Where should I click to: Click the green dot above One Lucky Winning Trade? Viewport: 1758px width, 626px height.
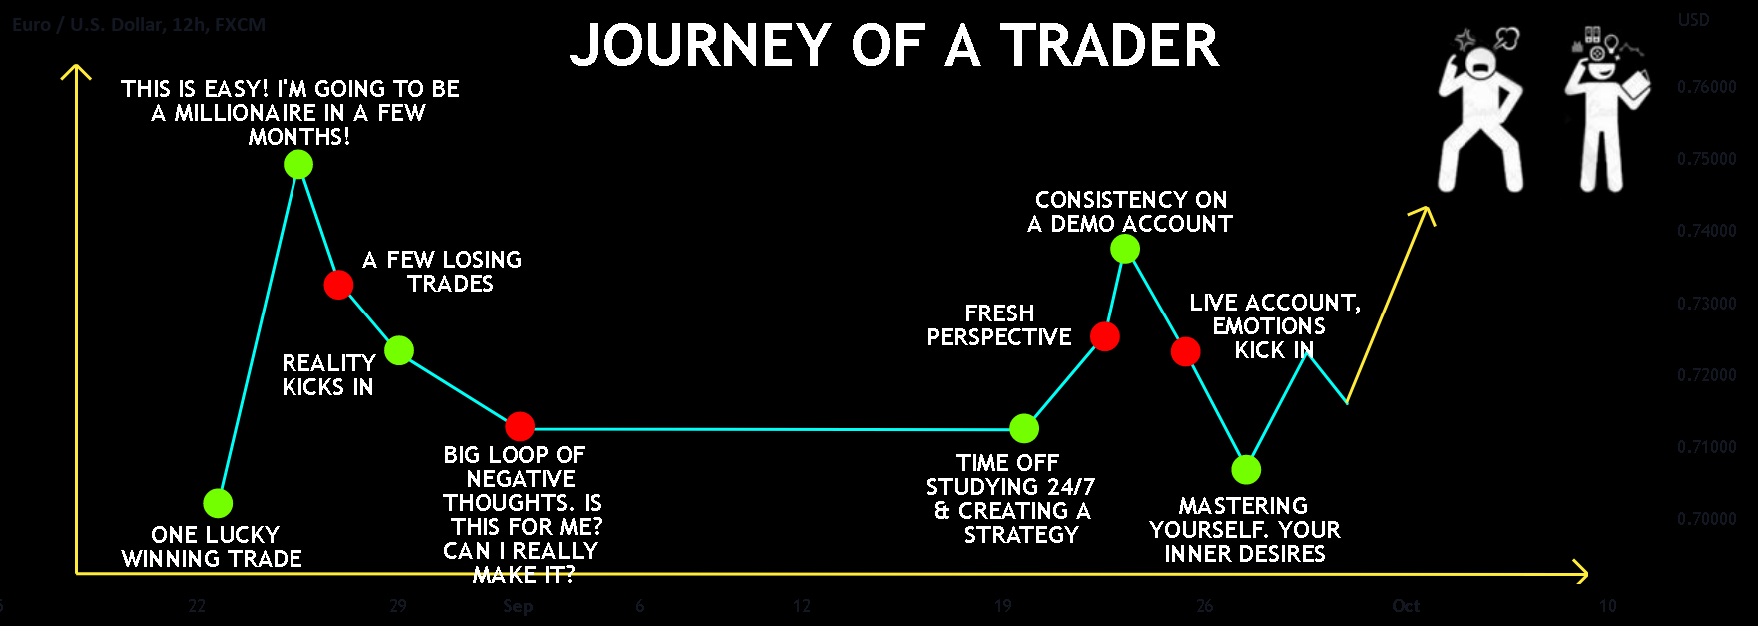click(218, 503)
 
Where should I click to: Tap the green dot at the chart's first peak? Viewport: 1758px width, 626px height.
click(298, 164)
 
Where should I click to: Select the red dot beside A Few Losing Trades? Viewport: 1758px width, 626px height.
click(338, 285)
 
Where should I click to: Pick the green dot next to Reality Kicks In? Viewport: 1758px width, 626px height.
click(399, 350)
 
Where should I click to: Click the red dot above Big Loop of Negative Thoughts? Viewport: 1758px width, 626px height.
click(520, 426)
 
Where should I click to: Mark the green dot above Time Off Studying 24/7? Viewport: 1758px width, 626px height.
click(1024, 428)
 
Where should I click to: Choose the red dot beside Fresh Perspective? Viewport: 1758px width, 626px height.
click(1105, 336)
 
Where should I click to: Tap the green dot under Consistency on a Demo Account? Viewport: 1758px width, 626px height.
click(1125, 249)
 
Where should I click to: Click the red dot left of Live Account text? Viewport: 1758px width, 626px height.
click(1185, 351)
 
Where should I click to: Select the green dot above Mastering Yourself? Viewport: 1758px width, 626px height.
click(1246, 469)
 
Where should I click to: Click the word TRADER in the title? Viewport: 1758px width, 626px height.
click(1109, 46)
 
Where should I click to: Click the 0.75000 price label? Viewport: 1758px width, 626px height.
click(1706, 159)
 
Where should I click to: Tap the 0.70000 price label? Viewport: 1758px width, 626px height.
click(1706, 519)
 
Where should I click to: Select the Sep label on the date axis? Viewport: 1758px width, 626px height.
click(518, 606)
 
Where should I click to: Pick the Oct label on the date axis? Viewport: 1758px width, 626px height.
click(1406, 606)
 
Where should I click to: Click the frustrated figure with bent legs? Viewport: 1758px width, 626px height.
click(1480, 115)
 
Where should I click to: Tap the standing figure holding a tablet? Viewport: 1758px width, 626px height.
click(1604, 115)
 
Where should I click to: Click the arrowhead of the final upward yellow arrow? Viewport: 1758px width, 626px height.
click(1426, 212)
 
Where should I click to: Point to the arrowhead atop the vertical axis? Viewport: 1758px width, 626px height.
click(76, 71)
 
